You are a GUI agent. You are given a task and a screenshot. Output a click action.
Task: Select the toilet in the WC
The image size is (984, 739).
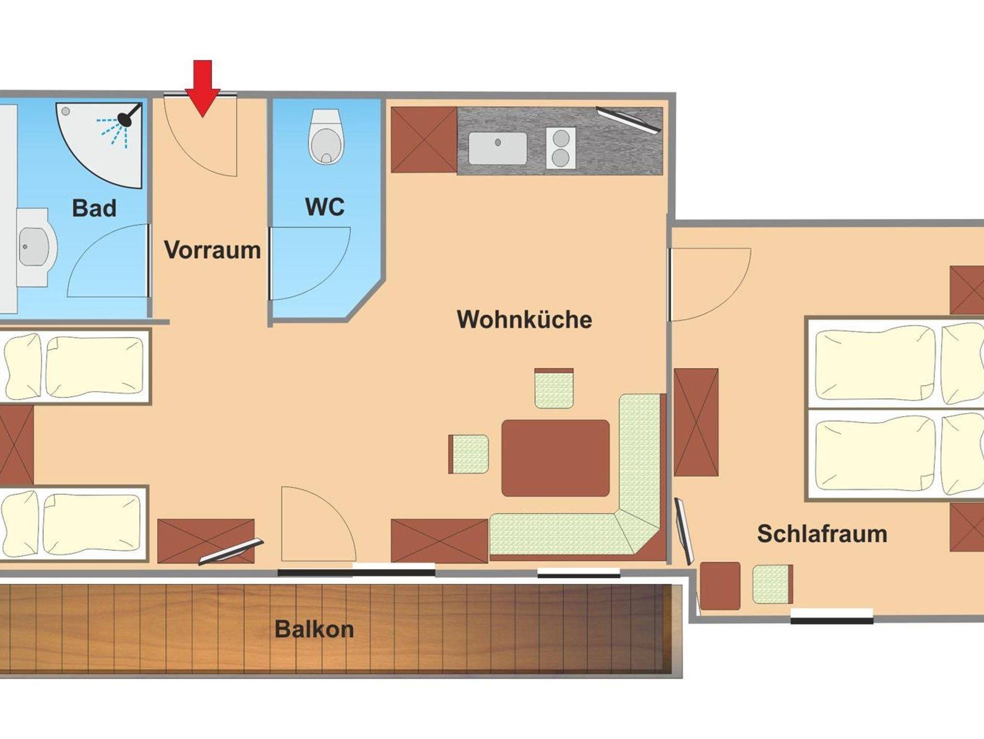pos(326,136)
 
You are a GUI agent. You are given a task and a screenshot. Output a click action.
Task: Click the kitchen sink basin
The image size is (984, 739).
pos(497,148)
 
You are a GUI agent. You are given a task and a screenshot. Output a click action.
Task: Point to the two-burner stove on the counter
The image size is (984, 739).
pos(561,148)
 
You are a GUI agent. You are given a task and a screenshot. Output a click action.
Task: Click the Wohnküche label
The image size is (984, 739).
pos(524,320)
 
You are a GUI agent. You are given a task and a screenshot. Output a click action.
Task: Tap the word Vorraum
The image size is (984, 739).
pos(212,250)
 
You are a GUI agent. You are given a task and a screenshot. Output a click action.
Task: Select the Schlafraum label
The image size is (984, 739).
pos(822,534)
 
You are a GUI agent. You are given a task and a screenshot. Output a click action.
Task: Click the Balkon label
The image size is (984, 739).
pos(314,629)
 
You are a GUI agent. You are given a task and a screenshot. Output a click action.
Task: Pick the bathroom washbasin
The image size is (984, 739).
pos(35,247)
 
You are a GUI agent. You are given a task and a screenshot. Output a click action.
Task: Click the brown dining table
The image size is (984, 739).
pos(555,458)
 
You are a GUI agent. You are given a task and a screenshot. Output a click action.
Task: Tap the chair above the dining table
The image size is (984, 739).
pos(554,388)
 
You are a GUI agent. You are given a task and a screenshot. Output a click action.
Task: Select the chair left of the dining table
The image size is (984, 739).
pos(468,454)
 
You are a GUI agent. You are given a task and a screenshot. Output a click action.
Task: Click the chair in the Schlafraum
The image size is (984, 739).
pos(773,584)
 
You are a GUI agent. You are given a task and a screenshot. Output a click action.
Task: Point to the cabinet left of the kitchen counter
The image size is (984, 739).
pos(424,140)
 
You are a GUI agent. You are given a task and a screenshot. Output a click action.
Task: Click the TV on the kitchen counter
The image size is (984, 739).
pos(629,120)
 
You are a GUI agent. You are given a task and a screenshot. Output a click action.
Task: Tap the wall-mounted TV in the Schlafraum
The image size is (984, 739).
pos(684,531)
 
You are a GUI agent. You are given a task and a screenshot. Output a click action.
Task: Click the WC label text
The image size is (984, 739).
pos(325,207)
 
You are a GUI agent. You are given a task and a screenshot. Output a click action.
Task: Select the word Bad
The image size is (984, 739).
pos(94,208)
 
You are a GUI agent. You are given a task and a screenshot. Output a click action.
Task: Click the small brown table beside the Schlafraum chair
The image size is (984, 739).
pos(720,586)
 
